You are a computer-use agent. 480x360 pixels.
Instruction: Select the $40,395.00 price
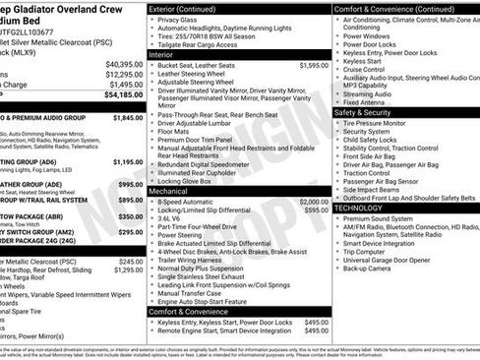(124, 64)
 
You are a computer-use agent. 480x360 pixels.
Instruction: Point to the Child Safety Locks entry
(373, 140)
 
